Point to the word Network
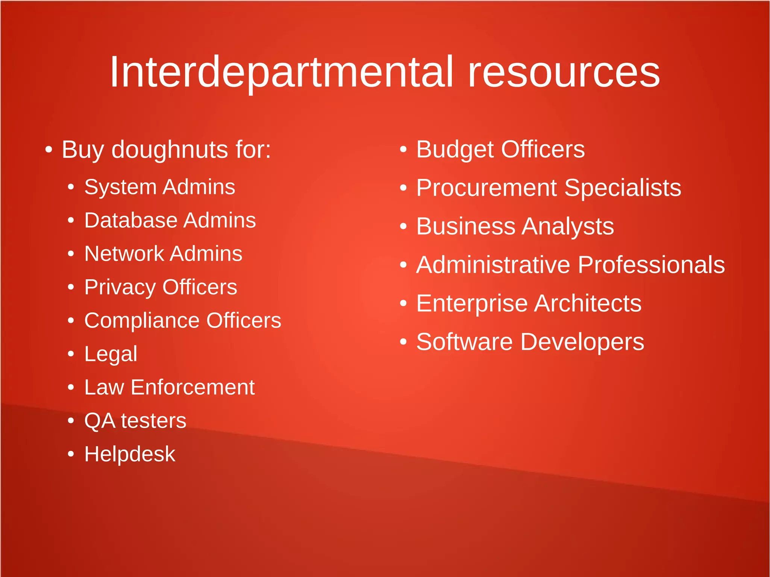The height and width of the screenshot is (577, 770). click(124, 254)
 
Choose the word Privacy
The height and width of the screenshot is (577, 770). click(120, 288)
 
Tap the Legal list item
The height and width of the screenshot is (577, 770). click(111, 354)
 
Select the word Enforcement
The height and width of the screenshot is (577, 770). click(192, 387)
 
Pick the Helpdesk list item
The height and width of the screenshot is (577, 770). click(130, 454)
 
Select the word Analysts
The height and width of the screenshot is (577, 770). click(568, 227)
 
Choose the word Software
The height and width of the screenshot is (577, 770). click(464, 342)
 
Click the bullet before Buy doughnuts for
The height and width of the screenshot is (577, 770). click(49, 150)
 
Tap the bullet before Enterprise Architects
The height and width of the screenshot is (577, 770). click(403, 303)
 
